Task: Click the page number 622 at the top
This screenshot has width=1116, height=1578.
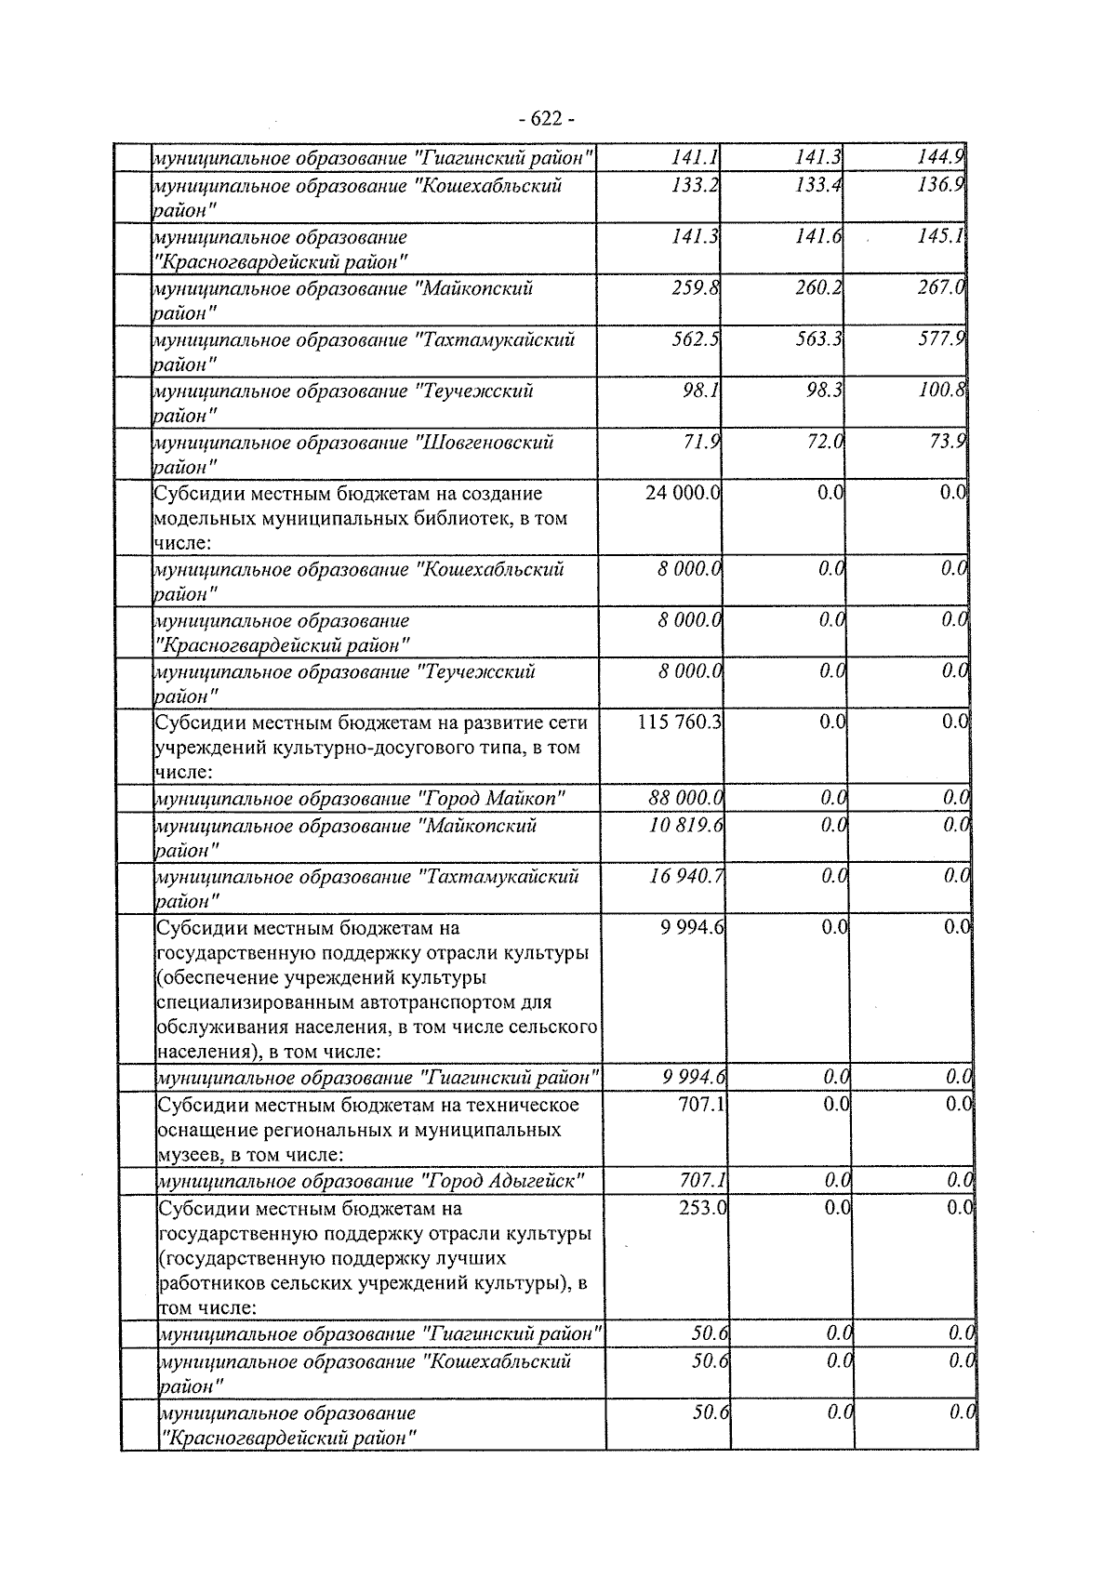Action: [x=547, y=119]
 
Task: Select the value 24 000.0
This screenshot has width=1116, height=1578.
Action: [x=683, y=493]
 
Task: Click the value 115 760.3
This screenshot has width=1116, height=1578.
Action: [x=680, y=722]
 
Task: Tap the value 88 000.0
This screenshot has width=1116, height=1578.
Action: [x=686, y=798]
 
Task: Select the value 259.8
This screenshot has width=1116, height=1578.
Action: [x=696, y=288]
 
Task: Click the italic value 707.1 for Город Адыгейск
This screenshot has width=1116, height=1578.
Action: [x=703, y=1181]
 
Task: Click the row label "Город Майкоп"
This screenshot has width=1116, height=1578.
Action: [x=494, y=799]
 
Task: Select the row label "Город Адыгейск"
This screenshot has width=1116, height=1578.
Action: [x=503, y=1182]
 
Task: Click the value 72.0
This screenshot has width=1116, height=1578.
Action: [x=823, y=442]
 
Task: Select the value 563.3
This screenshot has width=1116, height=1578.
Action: [x=818, y=339]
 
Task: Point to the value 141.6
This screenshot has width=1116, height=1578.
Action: [x=818, y=237]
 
